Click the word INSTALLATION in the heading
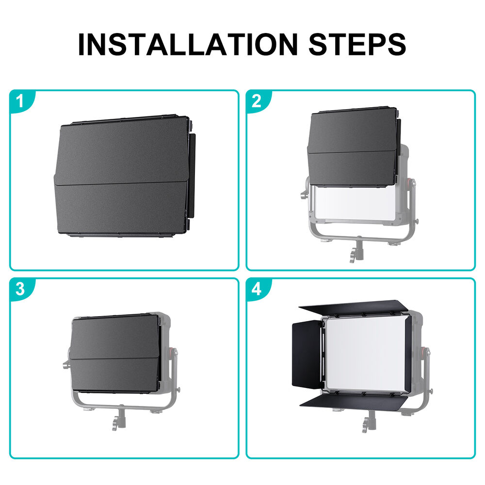click(188, 44)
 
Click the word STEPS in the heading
click(357, 44)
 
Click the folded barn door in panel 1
click(124, 177)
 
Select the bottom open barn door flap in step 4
click(353, 402)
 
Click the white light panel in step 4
click(365, 354)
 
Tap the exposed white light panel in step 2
click(355, 203)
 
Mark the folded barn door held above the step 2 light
click(354, 147)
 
